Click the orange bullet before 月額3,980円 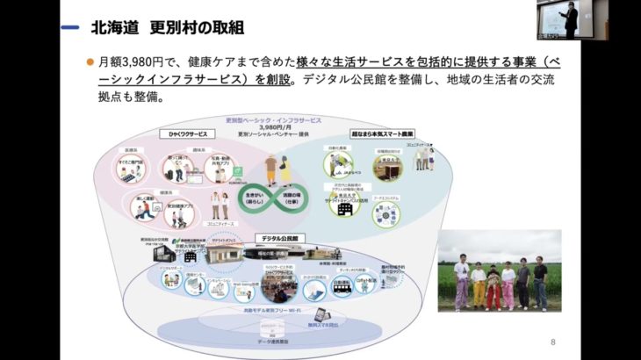[89, 62]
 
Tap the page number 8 [552, 342]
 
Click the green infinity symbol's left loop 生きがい [253, 196]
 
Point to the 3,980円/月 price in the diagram [285, 126]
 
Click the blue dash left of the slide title [71, 28]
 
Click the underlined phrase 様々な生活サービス [351, 62]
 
